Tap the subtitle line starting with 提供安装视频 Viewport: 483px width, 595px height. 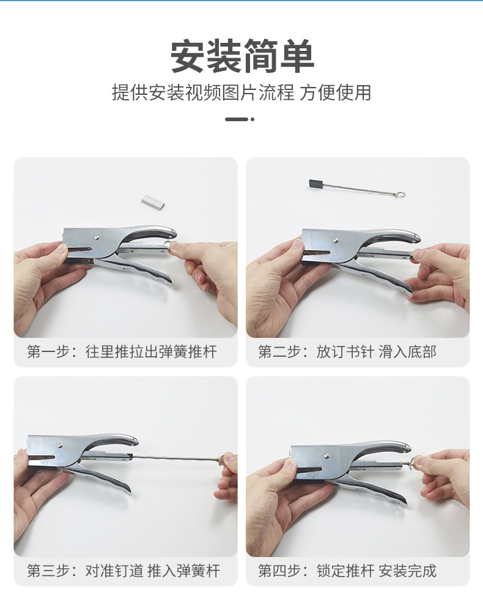pos(242,93)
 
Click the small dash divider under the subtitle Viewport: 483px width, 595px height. pos(239,119)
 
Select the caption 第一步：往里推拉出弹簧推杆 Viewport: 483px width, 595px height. pos(122,352)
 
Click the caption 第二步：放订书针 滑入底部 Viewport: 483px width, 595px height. pos(347,352)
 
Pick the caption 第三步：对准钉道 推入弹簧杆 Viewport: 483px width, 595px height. pos(123,572)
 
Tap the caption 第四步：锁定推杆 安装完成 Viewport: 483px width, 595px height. pos(347,572)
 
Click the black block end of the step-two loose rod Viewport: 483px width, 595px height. pos(315,182)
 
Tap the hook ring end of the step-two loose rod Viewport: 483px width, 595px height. pos(400,195)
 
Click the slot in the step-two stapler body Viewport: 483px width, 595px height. pos(318,250)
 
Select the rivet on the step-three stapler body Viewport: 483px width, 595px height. pos(60,446)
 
